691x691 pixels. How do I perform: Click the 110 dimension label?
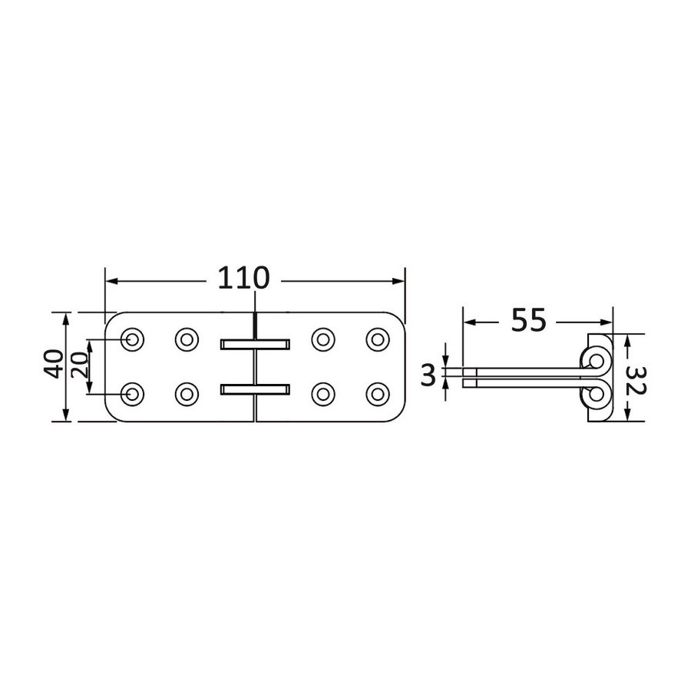point(243,278)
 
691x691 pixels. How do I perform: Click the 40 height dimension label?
point(53,364)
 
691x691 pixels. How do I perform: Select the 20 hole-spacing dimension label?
point(79,366)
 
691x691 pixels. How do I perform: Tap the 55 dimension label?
point(528,320)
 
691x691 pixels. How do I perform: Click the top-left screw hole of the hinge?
point(132,340)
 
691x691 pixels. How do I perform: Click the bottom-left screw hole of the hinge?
point(132,395)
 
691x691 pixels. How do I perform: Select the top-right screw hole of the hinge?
point(378,340)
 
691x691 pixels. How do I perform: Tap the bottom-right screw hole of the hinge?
point(378,395)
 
